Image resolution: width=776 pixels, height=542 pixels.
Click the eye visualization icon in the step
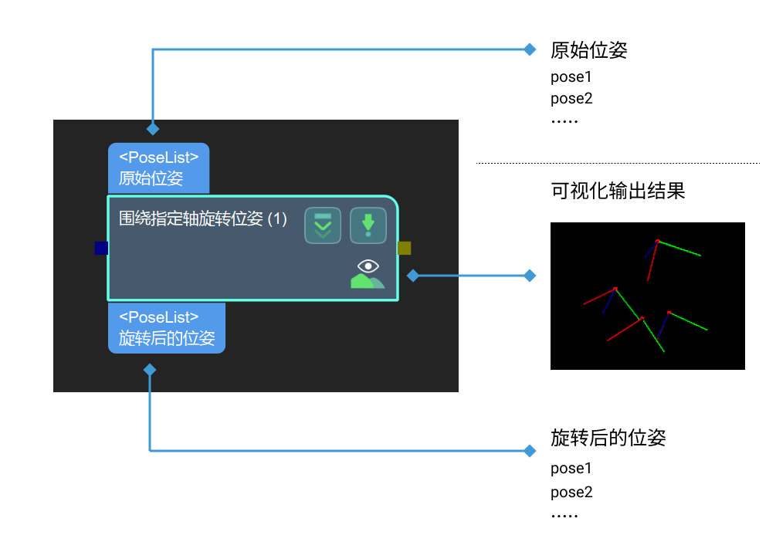coord(368,273)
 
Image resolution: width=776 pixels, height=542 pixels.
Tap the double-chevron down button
coord(323,225)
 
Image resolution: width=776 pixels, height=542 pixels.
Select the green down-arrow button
coord(368,225)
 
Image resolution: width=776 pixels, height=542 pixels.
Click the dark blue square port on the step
coord(101,248)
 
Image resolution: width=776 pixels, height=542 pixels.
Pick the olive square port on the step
coord(405,248)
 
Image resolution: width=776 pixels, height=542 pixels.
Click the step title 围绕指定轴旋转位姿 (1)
coord(203,219)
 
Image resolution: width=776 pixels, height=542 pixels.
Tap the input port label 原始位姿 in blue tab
coord(151,179)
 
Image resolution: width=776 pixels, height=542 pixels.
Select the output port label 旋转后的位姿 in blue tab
coord(167,338)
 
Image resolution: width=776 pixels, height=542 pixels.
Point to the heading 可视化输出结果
coord(618,191)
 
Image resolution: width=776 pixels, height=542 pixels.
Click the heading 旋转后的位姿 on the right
coord(608,439)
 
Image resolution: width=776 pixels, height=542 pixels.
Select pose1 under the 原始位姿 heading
coord(571,77)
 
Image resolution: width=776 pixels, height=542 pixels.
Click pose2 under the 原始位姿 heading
coord(571,99)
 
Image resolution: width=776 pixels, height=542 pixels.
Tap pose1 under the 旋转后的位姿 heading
coord(571,468)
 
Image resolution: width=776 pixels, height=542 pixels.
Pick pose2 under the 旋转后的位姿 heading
coord(571,492)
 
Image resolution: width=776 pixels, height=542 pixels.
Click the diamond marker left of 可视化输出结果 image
coord(530,275)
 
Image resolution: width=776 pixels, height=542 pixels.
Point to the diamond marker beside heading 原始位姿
coord(530,49)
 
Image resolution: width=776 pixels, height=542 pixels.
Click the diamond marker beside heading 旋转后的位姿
coord(530,450)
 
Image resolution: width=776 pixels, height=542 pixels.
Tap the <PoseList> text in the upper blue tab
coord(159,157)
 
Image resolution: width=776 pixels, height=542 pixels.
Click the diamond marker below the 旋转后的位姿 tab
coord(150,370)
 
